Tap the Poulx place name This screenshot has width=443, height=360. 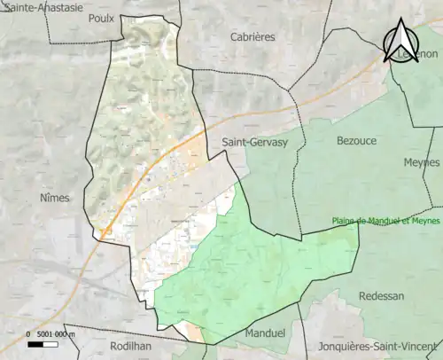(102, 17)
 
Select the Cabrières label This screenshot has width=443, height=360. (253, 37)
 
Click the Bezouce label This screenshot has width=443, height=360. (357, 140)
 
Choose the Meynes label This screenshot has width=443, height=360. (421, 162)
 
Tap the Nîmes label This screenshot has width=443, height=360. (54, 198)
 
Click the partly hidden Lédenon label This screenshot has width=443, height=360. (418, 54)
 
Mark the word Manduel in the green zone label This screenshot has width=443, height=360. (380, 222)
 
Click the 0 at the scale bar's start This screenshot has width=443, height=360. (28, 333)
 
